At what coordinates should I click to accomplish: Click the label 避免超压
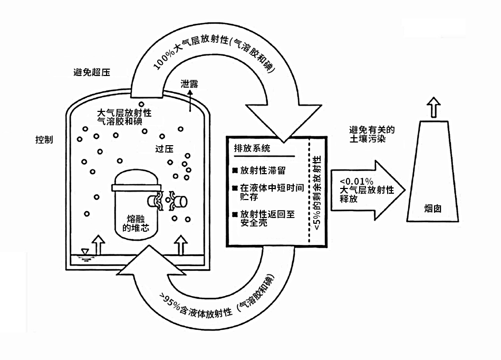click(92, 72)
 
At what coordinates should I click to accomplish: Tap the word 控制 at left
click(44, 140)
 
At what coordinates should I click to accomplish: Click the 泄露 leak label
click(189, 83)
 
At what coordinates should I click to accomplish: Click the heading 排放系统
click(252, 148)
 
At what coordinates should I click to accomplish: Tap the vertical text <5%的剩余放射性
click(317, 193)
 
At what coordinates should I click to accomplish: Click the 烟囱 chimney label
click(433, 208)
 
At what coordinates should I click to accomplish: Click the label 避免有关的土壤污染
click(372, 134)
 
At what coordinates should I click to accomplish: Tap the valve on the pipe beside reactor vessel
click(170, 203)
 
